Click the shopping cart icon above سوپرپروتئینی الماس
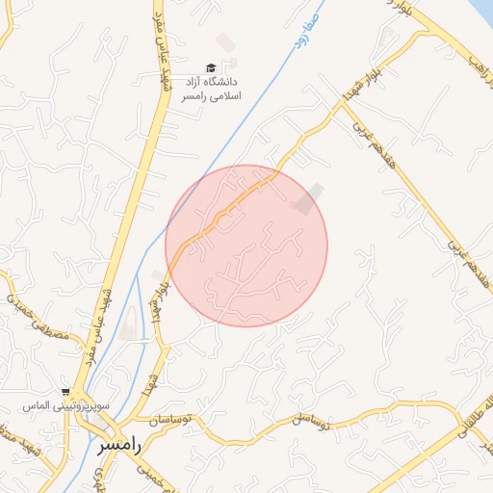tap(65, 392)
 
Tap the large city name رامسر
tap(119, 446)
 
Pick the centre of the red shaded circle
tap(246, 246)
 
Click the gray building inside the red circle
tap(309, 198)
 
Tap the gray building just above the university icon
tap(225, 42)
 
